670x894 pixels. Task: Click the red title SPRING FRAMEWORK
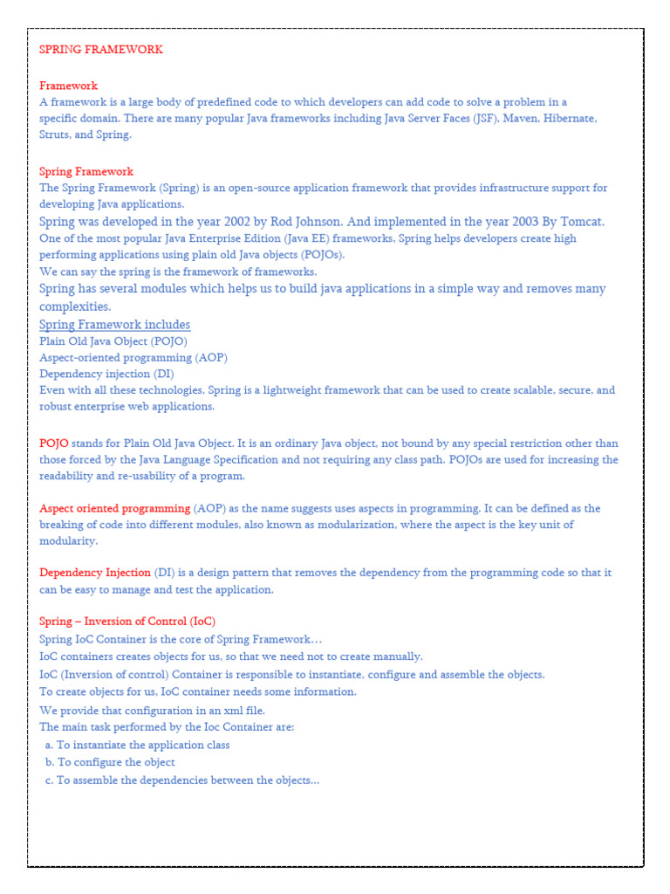pyautogui.click(x=101, y=50)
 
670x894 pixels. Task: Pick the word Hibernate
pyautogui.click(x=570, y=119)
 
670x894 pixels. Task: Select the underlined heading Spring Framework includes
pyautogui.click(x=114, y=325)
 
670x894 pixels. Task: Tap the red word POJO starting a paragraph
pyautogui.click(x=54, y=444)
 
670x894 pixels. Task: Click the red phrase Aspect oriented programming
pyautogui.click(x=114, y=508)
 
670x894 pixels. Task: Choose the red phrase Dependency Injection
pyautogui.click(x=95, y=573)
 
